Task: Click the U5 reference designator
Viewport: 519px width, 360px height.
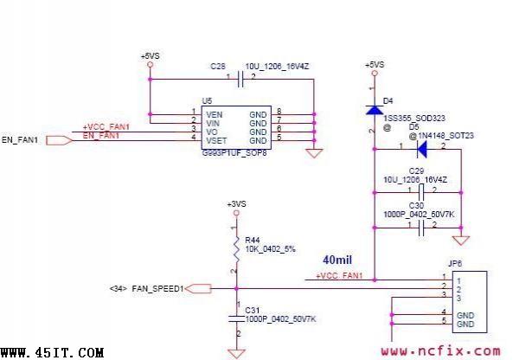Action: coord(207,101)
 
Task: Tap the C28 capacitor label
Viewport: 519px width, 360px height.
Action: coord(217,66)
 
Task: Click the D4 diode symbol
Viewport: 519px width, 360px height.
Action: coord(375,110)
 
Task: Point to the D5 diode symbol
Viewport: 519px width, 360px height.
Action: coord(422,148)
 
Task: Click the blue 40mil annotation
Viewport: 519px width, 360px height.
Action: coord(336,260)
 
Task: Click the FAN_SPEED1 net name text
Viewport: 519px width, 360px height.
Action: coord(157,289)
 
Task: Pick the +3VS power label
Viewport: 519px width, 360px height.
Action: coord(235,204)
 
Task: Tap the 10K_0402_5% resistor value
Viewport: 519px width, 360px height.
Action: coord(270,249)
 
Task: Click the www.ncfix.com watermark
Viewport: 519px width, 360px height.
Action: coord(439,350)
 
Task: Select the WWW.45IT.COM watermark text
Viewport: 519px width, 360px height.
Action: coord(53,352)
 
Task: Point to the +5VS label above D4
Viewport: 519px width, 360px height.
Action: coord(375,66)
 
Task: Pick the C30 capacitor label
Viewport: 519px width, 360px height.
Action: coord(416,206)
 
